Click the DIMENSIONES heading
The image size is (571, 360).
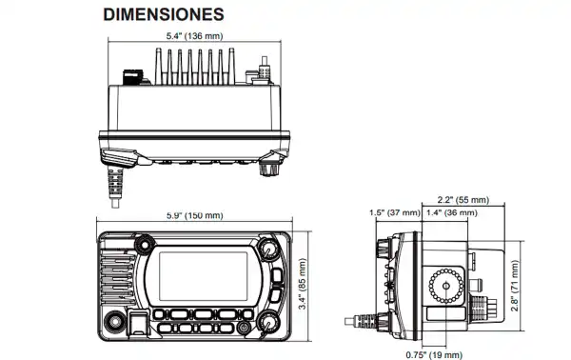point(164,15)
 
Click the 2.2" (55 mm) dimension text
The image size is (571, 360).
point(463,200)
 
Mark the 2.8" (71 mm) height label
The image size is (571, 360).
point(515,283)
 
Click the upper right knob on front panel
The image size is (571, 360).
point(270,250)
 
